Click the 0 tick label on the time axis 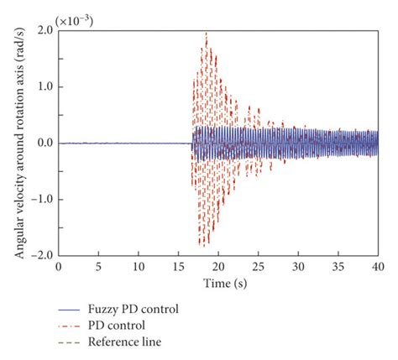[x=58, y=266]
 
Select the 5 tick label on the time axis [x=98, y=266]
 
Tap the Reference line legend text [x=133, y=342]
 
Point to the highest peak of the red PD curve [x=206, y=33]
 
